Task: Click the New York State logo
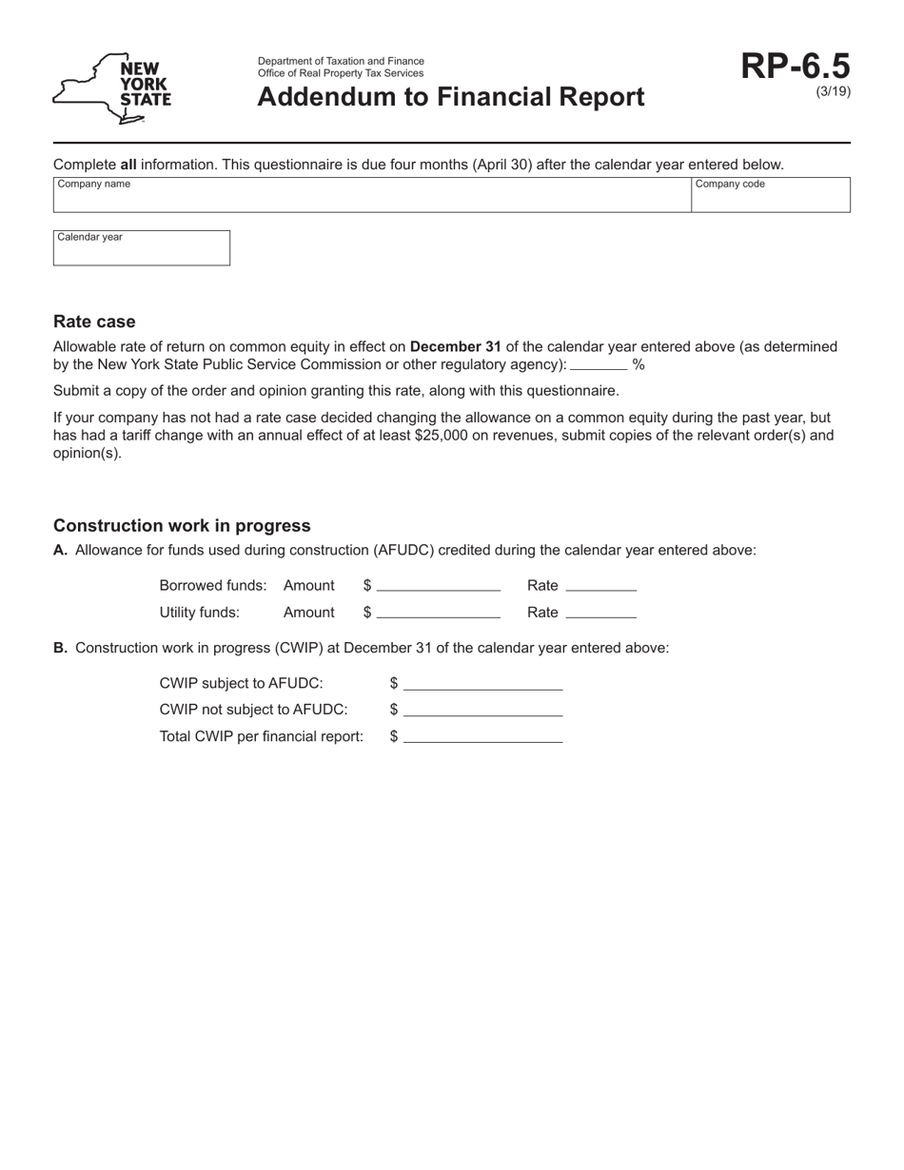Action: (112, 88)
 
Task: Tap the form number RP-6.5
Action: (796, 67)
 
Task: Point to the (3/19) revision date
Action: (834, 91)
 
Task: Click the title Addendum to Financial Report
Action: (450, 97)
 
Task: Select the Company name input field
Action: (371, 195)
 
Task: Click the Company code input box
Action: (770, 195)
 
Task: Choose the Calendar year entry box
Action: (141, 248)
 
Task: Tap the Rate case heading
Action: (94, 322)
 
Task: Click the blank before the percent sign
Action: (599, 363)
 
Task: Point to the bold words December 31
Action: (455, 346)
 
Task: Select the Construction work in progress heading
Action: (182, 526)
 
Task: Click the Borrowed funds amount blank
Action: (439, 585)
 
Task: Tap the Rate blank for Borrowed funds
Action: (600, 585)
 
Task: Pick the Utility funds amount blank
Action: (439, 612)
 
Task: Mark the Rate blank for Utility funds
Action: (600, 612)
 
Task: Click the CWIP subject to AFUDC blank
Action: (482, 683)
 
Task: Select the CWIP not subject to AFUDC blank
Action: (482, 709)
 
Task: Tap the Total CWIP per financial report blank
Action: (482, 735)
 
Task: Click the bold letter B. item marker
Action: (60, 648)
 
